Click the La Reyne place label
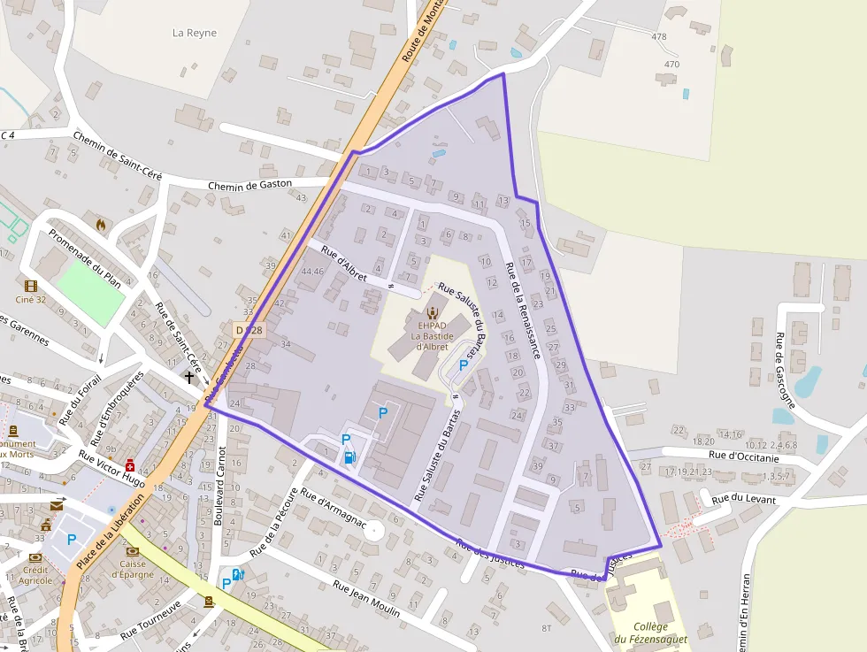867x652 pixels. coord(195,34)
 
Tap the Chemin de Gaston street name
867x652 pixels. coord(249,186)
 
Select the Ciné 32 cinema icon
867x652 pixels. coord(31,286)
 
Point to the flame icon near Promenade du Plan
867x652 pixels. coord(102,226)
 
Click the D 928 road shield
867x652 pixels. coord(249,330)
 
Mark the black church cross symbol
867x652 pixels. coord(188,377)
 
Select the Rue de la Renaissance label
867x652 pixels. coord(522,310)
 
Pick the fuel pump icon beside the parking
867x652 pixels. coord(350,457)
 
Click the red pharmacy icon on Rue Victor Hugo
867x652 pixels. coord(131,465)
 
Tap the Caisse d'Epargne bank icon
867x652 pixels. coord(132,550)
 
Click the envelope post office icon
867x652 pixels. coord(57,506)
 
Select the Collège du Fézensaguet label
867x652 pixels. coord(649,633)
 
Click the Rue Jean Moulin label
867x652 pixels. coord(366,599)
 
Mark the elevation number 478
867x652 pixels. coord(658,37)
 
